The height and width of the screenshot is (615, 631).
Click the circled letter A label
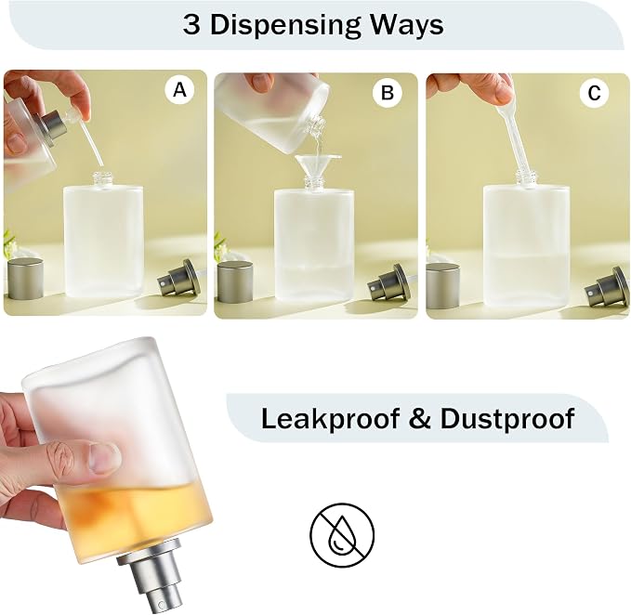[x=179, y=90]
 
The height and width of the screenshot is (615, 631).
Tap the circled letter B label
[x=388, y=93]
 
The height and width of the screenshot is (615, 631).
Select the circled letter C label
[x=594, y=93]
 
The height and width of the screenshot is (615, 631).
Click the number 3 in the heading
[x=191, y=25]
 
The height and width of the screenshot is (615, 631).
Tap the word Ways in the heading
[x=407, y=25]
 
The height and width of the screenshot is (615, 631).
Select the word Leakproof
[x=330, y=419]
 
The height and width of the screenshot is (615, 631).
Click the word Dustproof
[x=507, y=419]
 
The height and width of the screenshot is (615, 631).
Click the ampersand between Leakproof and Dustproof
[x=420, y=418]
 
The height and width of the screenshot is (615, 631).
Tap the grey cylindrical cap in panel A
[x=26, y=279]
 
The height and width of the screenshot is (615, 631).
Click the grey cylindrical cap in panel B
[x=235, y=281]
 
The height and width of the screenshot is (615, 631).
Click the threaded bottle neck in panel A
[x=103, y=179]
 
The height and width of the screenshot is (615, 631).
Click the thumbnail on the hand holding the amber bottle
[x=105, y=457]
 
